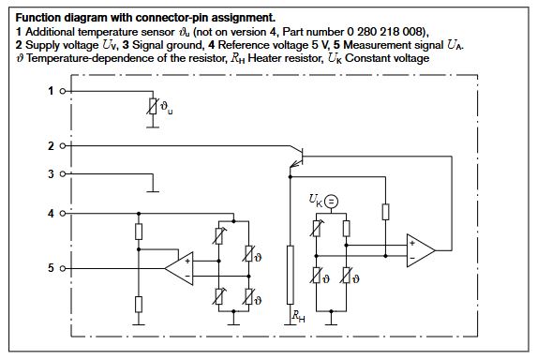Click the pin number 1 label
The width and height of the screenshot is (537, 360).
click(x=50, y=91)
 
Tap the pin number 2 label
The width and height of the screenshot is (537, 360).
click(x=50, y=146)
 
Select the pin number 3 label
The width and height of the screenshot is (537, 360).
click(x=50, y=173)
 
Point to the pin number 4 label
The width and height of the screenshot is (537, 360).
click(x=50, y=214)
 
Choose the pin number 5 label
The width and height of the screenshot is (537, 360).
click(x=50, y=268)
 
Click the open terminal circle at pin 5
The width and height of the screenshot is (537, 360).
click(x=63, y=268)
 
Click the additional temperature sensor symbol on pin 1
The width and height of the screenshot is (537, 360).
click(x=153, y=108)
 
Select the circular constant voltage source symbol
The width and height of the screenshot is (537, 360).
click(x=331, y=200)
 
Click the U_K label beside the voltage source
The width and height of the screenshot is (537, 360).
click(x=315, y=200)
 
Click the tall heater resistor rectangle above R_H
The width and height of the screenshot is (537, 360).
click(x=289, y=274)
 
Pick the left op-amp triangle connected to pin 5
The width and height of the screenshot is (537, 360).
click(x=180, y=268)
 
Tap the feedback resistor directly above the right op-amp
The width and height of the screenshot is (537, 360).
click(x=384, y=211)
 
